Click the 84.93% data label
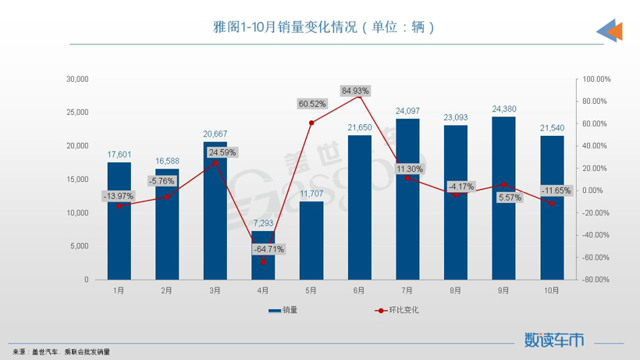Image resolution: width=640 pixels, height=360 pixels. pos(359,91)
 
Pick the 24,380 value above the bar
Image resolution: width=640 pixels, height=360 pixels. pos(503,109)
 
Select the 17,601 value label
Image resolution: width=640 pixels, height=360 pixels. pos(119,155)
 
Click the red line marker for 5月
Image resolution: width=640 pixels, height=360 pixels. pos(311,123)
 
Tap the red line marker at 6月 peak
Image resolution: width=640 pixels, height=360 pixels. pos(359,96)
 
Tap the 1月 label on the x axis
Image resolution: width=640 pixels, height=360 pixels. pos(119,290)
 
